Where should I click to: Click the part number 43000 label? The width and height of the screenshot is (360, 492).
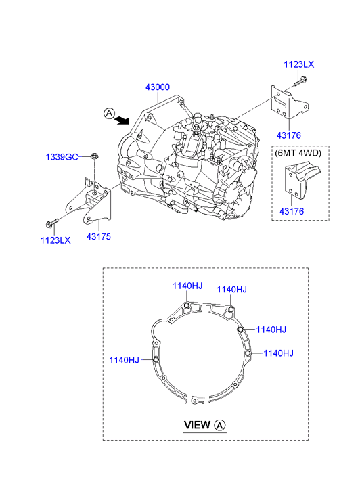click(x=158, y=87)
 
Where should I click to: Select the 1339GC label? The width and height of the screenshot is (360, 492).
click(x=62, y=156)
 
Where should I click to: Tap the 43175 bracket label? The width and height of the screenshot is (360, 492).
click(x=99, y=236)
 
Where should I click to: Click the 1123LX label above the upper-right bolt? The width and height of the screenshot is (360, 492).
click(x=299, y=64)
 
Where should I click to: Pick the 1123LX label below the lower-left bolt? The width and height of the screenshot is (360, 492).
click(x=55, y=240)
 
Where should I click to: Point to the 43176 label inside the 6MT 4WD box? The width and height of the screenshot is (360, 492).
click(x=292, y=211)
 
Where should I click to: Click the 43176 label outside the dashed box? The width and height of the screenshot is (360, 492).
click(x=289, y=135)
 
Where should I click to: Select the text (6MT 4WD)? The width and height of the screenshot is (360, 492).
click(x=298, y=153)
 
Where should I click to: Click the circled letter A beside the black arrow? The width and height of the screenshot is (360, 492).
click(x=109, y=113)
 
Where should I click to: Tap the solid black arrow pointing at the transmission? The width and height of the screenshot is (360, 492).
click(x=122, y=120)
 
